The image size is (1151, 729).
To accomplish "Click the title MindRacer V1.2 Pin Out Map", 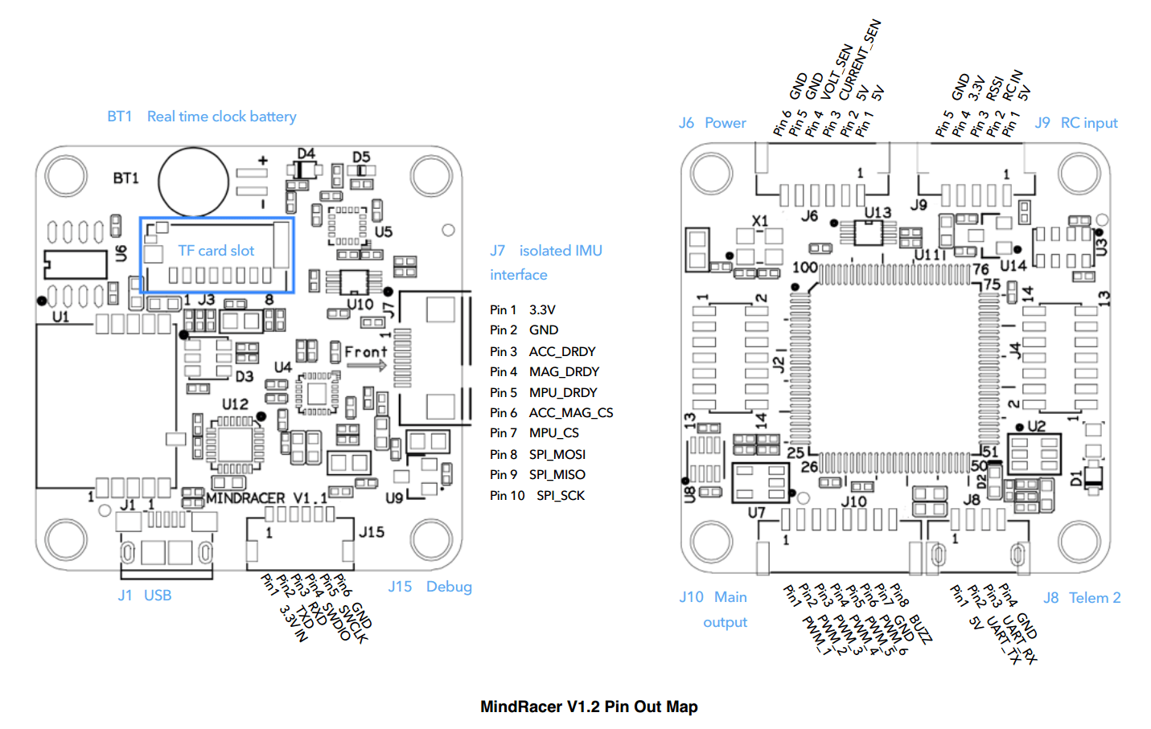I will (x=588, y=706).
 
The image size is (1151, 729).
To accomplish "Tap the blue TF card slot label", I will (x=216, y=251).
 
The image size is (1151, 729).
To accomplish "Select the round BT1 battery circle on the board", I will (x=193, y=182).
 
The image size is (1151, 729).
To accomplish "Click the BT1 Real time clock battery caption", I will (x=202, y=117).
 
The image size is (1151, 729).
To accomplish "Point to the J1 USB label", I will (x=145, y=596).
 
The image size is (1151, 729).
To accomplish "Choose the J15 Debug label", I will (x=430, y=587).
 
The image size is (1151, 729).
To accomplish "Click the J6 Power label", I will (x=712, y=123).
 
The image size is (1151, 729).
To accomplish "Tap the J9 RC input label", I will (x=1075, y=123).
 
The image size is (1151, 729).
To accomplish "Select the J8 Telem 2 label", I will (x=1082, y=598).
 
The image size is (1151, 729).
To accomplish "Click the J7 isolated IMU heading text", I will (x=546, y=251).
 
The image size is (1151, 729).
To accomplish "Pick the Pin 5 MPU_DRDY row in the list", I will (x=543, y=392).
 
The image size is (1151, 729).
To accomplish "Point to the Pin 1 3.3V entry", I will (x=522, y=309).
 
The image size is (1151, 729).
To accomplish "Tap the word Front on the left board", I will (x=365, y=352).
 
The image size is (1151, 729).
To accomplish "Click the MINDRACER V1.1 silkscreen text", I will (x=266, y=498).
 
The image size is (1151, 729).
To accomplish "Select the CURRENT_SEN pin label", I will (x=860, y=59).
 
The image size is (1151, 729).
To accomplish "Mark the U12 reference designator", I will (x=235, y=403).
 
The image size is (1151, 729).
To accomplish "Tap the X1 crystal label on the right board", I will (x=759, y=221).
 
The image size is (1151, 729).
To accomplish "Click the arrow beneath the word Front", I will (x=367, y=366).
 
